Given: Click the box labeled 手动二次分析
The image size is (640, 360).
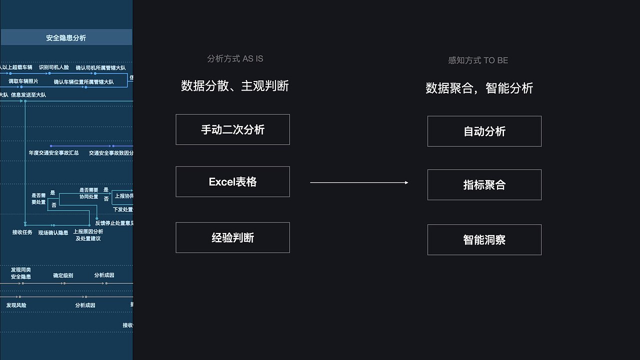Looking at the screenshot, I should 232,129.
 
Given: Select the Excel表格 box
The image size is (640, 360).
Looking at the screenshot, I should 232,181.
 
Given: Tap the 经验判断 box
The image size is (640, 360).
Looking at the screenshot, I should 232,237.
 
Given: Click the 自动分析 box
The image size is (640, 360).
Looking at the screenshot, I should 484,131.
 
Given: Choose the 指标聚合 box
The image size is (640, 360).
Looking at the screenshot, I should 484,185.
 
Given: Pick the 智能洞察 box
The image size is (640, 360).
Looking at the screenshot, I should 484,240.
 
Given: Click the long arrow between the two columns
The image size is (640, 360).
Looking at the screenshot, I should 359,182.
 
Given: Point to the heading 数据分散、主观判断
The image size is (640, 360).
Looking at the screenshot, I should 235,86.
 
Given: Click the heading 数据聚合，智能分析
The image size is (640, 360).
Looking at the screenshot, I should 479,88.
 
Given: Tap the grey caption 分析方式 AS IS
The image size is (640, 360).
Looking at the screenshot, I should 235,58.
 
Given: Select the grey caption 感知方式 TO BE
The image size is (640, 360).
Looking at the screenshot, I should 478,60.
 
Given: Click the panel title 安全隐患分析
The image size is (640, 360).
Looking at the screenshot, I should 66,37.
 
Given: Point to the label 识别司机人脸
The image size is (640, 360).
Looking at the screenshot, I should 54,67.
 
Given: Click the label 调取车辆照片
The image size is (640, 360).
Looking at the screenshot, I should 23,81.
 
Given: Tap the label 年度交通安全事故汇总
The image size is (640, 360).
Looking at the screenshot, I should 53,152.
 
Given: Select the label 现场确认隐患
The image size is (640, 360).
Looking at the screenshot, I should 53,232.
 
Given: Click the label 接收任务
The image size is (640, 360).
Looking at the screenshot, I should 22,232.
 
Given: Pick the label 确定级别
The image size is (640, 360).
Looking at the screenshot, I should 63,275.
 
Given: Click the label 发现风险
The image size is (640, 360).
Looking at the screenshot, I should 16,304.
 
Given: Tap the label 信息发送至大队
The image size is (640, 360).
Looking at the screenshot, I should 28,94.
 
